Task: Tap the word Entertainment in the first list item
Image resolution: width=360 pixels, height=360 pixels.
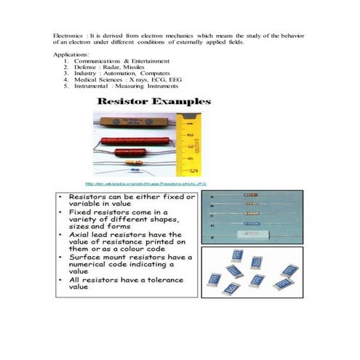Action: [153, 61]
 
